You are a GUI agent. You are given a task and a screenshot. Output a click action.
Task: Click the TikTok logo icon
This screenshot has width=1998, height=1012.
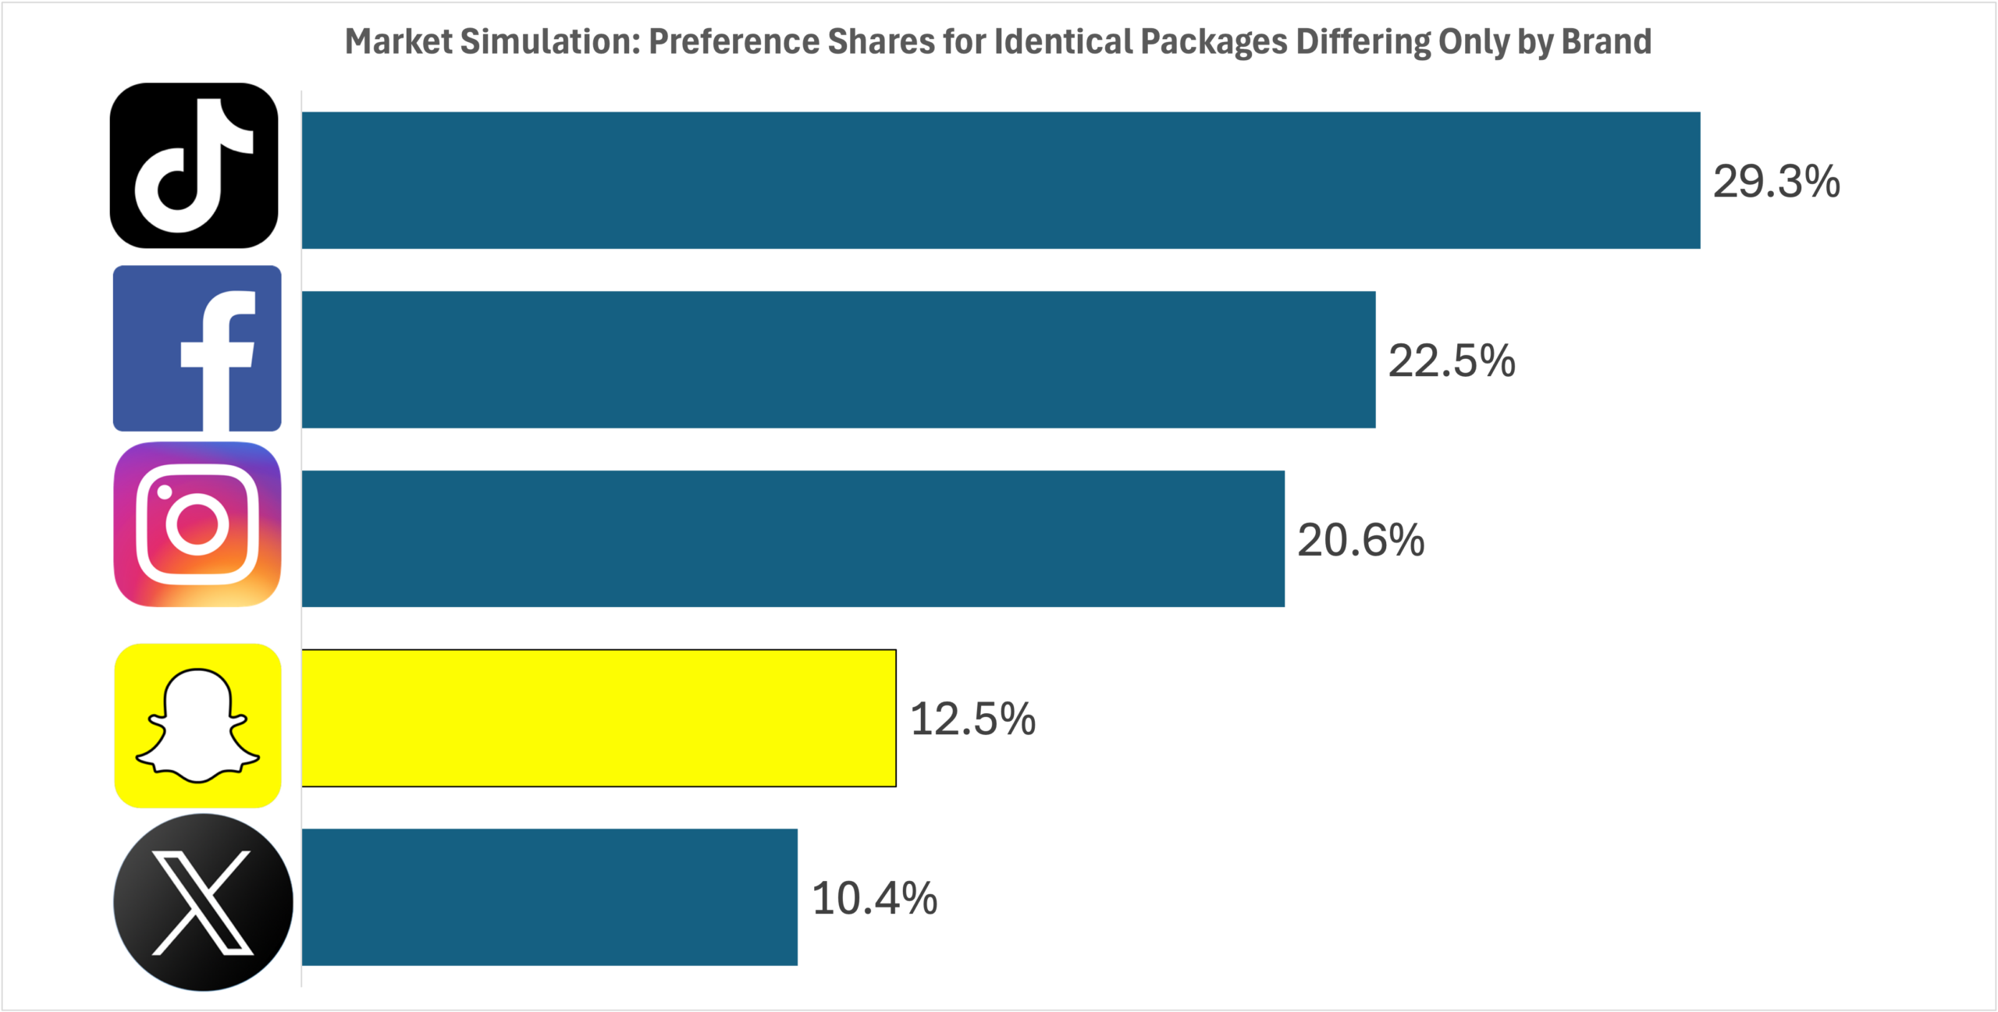point(194,165)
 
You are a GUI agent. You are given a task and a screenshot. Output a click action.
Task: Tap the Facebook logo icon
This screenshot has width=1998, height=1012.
point(197,348)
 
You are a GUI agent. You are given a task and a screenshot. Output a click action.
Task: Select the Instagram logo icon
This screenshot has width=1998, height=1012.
point(197,524)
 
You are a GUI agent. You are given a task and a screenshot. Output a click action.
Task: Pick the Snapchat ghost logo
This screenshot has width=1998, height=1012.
point(197,726)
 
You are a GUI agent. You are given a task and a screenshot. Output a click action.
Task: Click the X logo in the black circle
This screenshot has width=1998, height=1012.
point(203,903)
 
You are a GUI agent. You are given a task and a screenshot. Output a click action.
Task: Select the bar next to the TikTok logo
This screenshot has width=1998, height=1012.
point(1001,180)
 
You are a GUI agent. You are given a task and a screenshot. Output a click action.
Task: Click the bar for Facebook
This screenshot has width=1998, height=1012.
point(838,360)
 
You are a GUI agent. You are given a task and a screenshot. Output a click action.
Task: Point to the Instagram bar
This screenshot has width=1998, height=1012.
point(793,538)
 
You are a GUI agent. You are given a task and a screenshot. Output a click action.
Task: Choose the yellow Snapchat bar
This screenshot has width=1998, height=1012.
point(599,718)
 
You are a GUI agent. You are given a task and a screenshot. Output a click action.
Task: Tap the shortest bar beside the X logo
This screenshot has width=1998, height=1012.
point(549,897)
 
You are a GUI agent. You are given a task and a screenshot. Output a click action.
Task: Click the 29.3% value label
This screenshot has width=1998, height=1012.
point(1776,182)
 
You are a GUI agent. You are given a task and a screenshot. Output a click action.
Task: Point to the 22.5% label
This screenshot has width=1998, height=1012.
point(1452,361)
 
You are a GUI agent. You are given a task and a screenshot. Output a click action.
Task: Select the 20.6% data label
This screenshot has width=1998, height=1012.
point(1361,540)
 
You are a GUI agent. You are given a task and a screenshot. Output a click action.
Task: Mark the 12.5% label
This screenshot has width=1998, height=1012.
point(972,719)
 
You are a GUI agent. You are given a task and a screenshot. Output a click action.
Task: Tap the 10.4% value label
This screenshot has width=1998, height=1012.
point(874,898)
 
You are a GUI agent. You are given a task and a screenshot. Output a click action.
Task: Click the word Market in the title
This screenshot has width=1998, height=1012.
point(398,41)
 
